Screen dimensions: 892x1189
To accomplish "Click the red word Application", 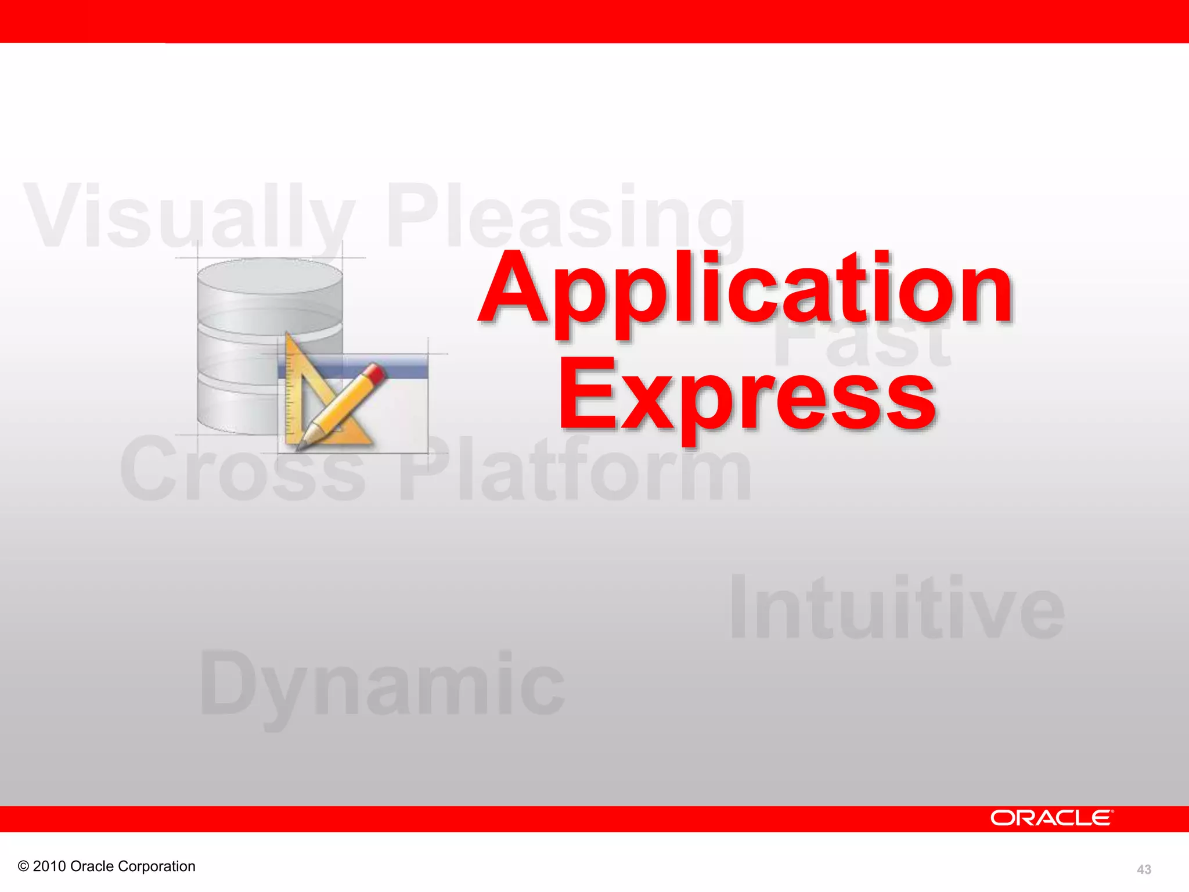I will [x=746, y=290].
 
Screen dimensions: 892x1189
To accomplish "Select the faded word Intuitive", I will [x=897, y=607].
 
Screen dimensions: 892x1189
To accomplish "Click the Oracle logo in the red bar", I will [x=1051, y=818].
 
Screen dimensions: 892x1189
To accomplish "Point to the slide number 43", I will [x=1144, y=869].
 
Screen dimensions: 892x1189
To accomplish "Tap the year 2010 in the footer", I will [x=49, y=866].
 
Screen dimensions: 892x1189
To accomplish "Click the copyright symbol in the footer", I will [x=23, y=866].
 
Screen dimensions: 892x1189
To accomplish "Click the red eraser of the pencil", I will [x=376, y=372].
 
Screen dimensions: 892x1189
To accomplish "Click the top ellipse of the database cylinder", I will [x=270, y=276].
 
